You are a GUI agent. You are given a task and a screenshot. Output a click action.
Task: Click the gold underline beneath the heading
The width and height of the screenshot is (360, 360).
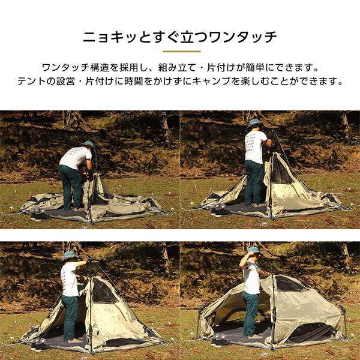click(180, 52)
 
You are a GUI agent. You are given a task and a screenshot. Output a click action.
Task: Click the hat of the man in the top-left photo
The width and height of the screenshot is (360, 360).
click(89, 145)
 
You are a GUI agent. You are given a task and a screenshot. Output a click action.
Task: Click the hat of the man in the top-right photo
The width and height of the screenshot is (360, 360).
click(254, 123)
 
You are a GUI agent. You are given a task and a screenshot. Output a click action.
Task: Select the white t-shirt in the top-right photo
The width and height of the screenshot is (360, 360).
click(255, 146)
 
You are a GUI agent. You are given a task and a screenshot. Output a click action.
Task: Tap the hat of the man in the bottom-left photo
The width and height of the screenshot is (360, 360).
click(70, 256)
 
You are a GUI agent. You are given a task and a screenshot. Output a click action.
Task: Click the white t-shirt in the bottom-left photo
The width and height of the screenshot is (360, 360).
click(70, 278)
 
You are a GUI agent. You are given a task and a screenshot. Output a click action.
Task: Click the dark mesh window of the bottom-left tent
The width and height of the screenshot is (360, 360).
click(103, 292)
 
